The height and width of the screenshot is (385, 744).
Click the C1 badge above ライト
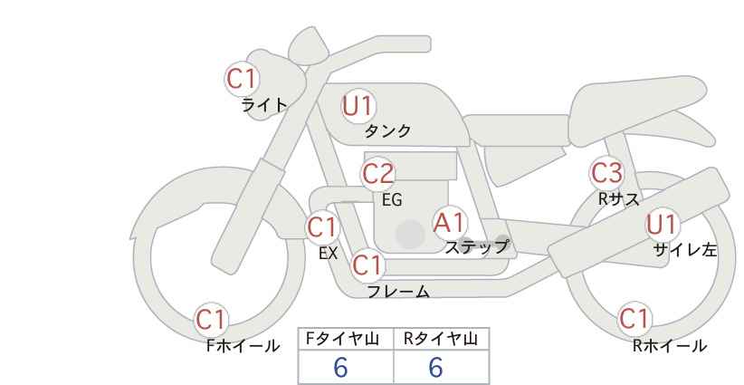243,79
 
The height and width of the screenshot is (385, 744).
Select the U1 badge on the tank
358,107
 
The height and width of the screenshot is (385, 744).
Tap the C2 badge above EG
378,173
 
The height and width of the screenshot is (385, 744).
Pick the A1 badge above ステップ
449,222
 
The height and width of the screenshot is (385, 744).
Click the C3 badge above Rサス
606,171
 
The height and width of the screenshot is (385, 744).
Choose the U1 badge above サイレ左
662,225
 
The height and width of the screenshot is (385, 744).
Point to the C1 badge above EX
322,226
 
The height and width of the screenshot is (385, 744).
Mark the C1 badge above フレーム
367,266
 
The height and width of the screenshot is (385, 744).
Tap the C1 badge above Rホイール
634,319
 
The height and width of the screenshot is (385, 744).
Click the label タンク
387,131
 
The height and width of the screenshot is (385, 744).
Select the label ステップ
477,246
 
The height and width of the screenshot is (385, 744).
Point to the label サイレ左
684,250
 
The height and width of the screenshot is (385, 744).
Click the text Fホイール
243,345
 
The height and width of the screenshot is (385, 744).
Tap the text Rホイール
670,345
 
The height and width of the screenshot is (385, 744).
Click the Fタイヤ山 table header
346,339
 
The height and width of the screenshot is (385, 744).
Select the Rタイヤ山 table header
441,339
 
